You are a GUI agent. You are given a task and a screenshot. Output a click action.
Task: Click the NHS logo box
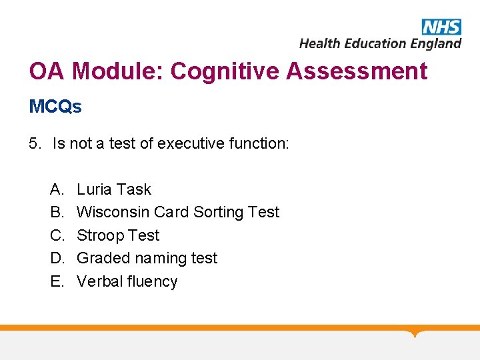(x=441, y=27)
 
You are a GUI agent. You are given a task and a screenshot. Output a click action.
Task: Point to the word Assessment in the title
(x=357, y=71)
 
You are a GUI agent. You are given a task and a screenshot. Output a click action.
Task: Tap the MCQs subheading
(x=55, y=107)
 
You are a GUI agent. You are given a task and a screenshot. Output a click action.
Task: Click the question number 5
(x=35, y=143)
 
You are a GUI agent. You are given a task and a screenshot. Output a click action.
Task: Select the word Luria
(x=95, y=189)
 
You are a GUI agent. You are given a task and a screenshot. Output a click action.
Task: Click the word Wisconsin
(x=113, y=212)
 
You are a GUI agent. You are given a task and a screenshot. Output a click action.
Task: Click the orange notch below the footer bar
(x=415, y=333)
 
